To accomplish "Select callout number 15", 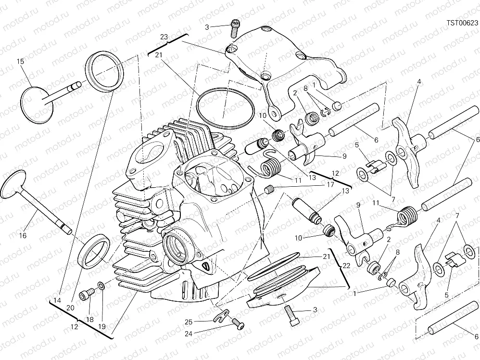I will (x=20, y=61).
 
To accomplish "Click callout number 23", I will (x=164, y=37).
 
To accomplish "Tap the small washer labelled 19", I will (x=100, y=287).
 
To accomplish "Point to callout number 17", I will (x=330, y=184).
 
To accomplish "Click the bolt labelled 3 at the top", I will (x=235, y=26).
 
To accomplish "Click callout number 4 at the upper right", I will (x=419, y=82).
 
